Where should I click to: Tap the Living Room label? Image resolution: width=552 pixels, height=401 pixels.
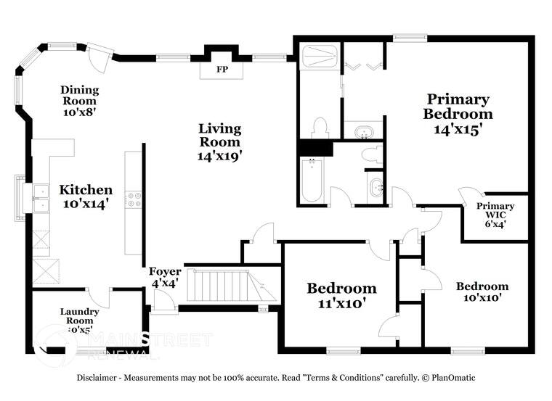[x=219, y=141]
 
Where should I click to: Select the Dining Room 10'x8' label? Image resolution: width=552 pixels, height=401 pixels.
[x=80, y=101]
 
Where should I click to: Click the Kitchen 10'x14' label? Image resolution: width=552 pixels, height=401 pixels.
[x=86, y=197]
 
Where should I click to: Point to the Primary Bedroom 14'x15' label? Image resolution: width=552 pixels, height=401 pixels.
[x=458, y=114]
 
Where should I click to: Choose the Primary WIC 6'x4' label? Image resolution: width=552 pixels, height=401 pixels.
[x=495, y=215]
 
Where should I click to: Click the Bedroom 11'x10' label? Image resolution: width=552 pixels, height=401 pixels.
[x=341, y=295]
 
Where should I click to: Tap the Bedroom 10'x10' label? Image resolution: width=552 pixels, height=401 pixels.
[x=482, y=292]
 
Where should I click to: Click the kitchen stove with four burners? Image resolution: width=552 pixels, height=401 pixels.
[x=134, y=199]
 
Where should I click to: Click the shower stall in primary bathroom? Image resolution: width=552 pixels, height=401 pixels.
[x=319, y=59]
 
